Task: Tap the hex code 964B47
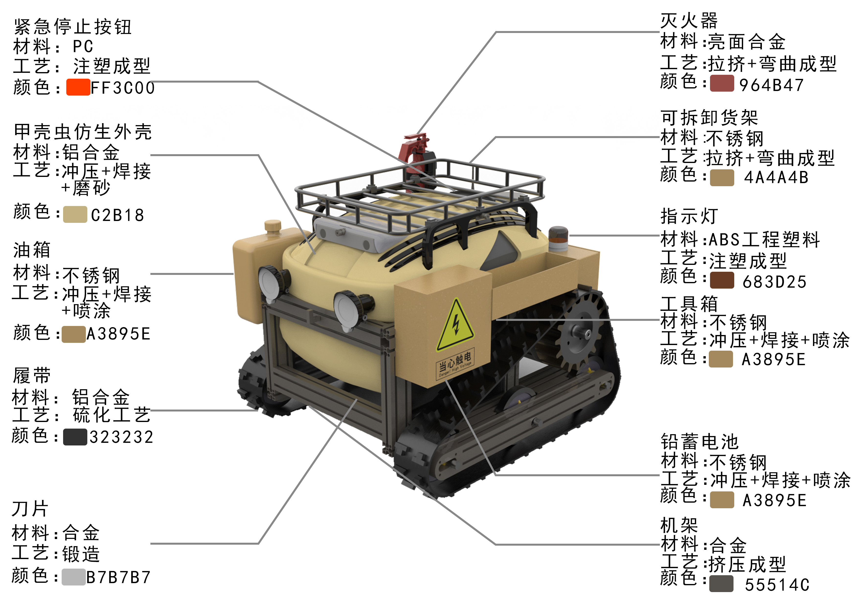[x=771, y=85]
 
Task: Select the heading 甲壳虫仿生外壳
[x=83, y=132]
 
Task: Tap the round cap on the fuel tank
[x=273, y=226]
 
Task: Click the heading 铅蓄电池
[x=699, y=442]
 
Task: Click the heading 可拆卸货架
[x=709, y=118]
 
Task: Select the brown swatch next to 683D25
[x=722, y=281]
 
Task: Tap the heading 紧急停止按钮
[x=72, y=27]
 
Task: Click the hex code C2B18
[x=117, y=215]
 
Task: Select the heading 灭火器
[x=689, y=21]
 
